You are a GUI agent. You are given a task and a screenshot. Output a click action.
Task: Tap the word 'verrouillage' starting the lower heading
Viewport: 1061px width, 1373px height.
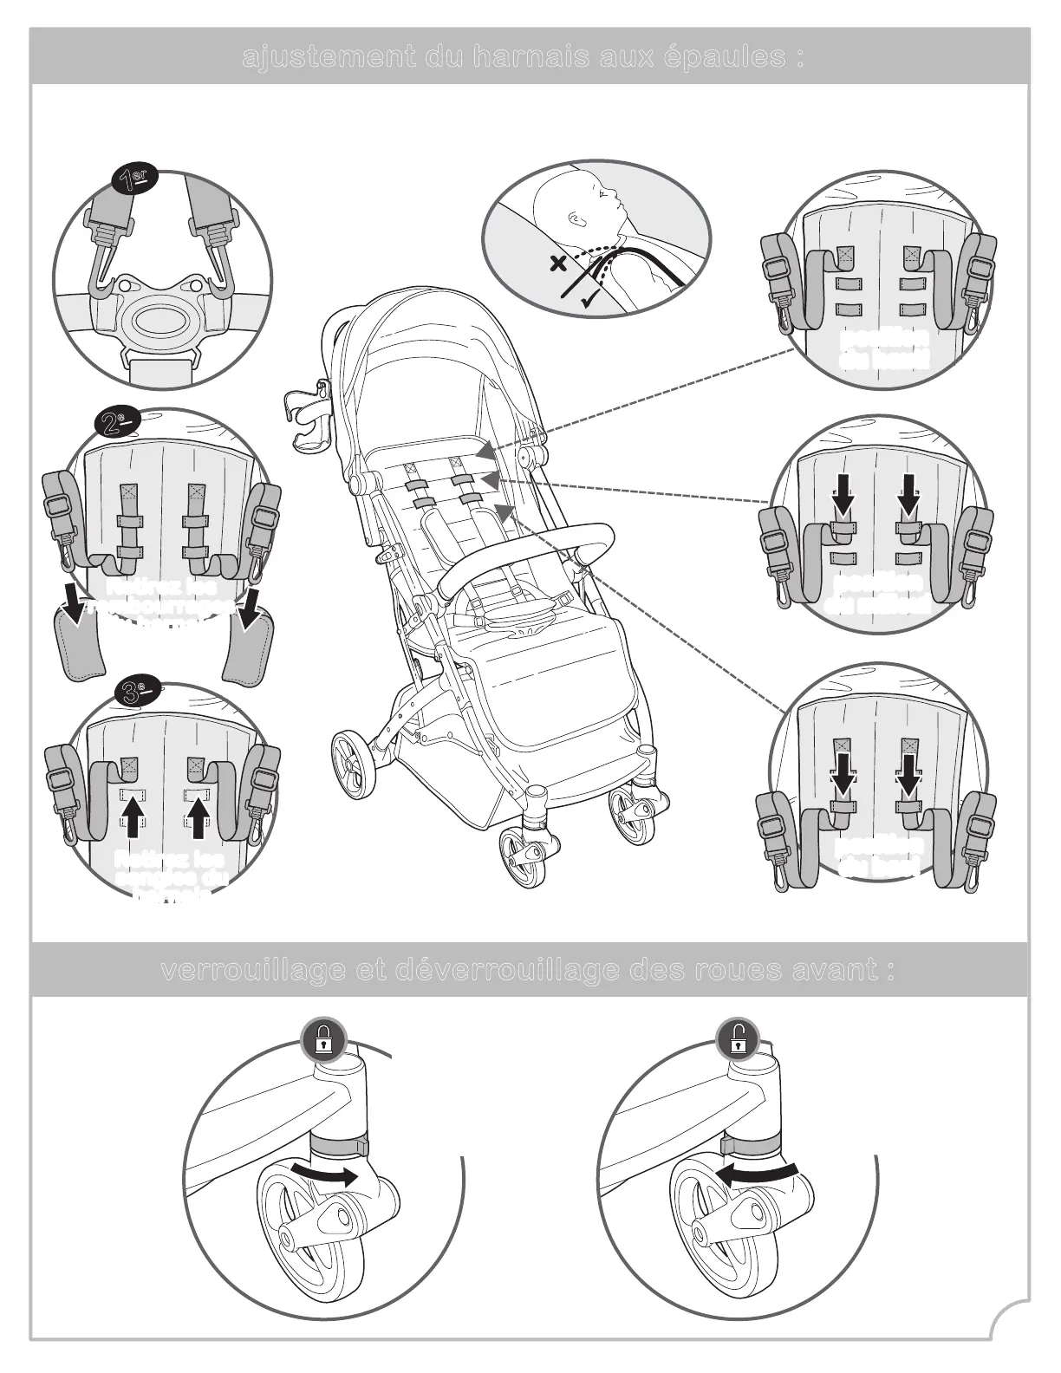[x=251, y=971]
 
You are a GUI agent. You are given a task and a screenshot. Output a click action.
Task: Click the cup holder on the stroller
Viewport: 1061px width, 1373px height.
[x=306, y=420]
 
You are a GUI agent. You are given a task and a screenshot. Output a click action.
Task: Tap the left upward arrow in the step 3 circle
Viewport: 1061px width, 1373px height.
[x=131, y=818]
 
